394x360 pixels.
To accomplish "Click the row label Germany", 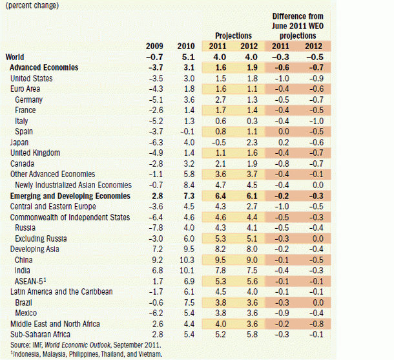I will (x=30, y=99).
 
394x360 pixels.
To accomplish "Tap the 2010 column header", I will (x=185, y=46).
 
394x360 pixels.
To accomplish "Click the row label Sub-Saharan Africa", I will (x=41, y=334).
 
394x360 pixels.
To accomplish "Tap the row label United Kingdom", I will (x=35, y=153).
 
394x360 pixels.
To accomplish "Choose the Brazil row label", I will (x=25, y=302).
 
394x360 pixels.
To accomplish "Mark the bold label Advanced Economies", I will (x=44, y=67).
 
